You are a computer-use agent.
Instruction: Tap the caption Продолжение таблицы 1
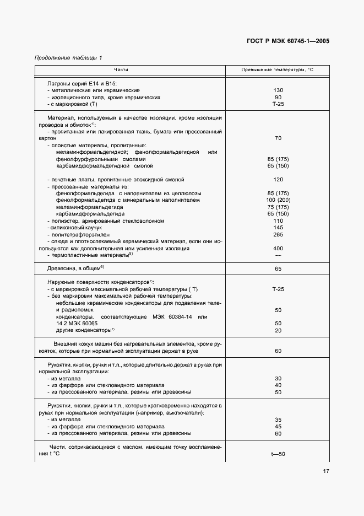[68, 58]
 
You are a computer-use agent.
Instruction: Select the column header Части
[121, 70]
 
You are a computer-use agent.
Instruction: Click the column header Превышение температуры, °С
[278, 70]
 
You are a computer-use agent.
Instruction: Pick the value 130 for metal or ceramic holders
[278, 90]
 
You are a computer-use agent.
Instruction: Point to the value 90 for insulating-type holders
[278, 97]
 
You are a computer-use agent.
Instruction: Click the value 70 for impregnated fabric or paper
[278, 138]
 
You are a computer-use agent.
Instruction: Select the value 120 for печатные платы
[278, 180]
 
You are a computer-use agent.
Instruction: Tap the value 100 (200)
[278, 200]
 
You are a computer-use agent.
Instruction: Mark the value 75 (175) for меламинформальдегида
[278, 207]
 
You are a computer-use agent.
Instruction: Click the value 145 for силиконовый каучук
[278, 228]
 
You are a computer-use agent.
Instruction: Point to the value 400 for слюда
[278, 249]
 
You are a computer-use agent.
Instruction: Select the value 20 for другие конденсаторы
[278, 330]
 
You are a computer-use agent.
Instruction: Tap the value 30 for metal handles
[278, 379]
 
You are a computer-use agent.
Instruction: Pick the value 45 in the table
[278, 426]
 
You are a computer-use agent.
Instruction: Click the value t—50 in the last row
[278, 454]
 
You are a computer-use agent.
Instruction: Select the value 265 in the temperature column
[278, 235]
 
